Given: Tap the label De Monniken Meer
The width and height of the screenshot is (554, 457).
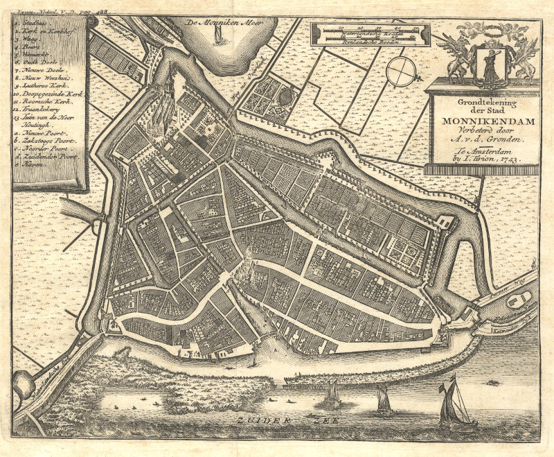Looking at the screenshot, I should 219,23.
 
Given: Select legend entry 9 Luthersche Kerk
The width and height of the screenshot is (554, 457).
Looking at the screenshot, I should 46,80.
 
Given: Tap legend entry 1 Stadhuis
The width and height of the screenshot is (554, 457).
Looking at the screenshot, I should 33,22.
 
